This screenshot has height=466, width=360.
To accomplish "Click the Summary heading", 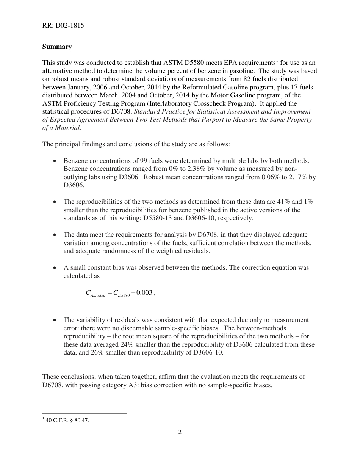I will pos(57,47).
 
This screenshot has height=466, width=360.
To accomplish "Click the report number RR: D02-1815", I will pos(63,26).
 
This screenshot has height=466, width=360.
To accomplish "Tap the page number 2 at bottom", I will pos(180,432).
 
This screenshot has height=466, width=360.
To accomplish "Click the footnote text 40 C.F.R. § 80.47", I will pos(67,420).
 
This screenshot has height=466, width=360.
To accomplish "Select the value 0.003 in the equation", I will pos(145,292).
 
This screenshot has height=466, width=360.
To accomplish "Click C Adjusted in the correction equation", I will pos(95,293).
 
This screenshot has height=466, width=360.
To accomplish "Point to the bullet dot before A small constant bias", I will pos(56,268).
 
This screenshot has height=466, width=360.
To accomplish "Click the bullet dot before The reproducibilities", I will pos(56,202).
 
